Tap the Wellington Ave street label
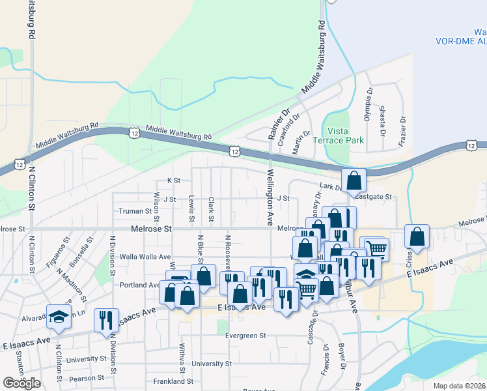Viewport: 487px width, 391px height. point(270,197)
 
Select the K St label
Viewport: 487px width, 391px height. point(173,180)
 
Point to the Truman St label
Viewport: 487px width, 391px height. point(135,211)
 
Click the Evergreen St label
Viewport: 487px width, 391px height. point(245,336)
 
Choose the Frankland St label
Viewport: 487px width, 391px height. point(173,381)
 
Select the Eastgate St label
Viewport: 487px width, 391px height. point(373,196)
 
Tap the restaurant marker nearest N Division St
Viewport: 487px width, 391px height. point(105,320)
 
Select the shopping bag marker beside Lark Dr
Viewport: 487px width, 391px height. point(353,181)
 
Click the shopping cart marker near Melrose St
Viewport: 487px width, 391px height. point(376,248)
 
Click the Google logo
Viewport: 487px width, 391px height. point(21,383)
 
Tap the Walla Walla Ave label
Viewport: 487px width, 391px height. point(141,257)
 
